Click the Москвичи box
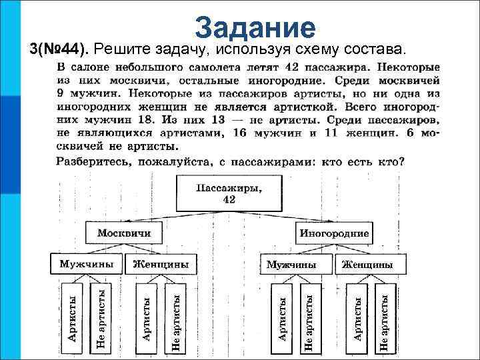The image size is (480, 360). point(124,234)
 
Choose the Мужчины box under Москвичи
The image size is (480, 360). point(85,265)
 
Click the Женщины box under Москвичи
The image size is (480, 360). point(161,265)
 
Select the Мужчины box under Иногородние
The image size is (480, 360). point(291,265)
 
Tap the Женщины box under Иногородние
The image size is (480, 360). point(367,265)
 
